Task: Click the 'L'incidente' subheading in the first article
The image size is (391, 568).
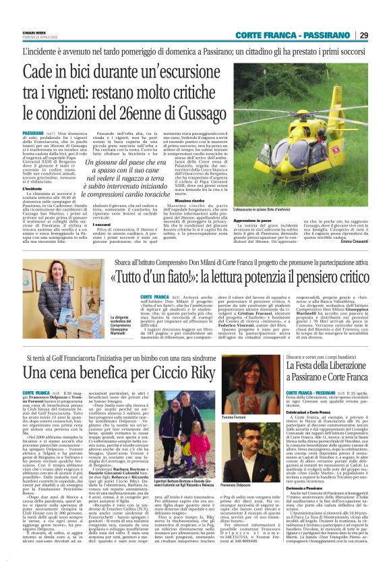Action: pyautogui.click(x=32, y=188)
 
